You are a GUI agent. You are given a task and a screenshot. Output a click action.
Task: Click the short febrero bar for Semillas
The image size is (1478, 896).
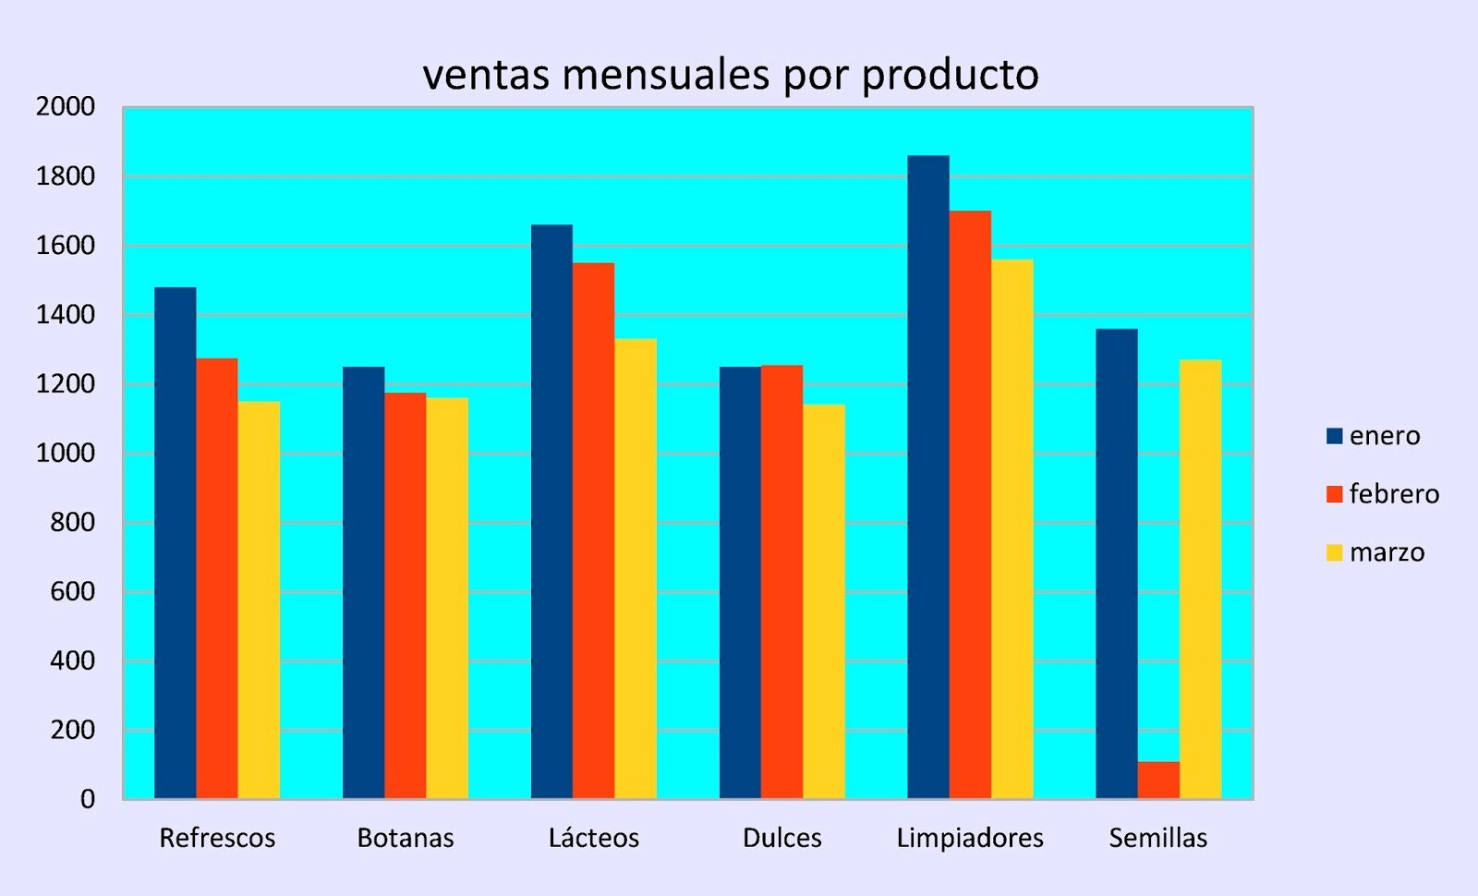pos(1158,781)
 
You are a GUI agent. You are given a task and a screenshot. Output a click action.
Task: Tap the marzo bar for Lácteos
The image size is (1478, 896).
pos(636,568)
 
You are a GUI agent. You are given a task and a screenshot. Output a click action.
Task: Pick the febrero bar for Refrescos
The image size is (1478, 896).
pos(217,578)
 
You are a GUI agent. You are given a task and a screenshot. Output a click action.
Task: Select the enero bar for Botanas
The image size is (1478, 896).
pos(363,582)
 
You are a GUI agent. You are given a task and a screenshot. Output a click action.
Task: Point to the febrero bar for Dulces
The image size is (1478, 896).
pos(781,582)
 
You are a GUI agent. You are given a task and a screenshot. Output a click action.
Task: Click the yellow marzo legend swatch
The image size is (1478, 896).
pos(1334,552)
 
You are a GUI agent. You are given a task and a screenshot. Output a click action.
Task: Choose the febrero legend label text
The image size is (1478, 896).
pos(1393,494)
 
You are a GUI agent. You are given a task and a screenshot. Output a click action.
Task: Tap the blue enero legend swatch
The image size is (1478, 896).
pos(1334,436)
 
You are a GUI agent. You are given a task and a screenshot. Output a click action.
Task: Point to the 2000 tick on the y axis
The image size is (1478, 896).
pos(65,107)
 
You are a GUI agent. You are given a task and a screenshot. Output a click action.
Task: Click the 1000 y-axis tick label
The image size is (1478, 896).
pos(65,453)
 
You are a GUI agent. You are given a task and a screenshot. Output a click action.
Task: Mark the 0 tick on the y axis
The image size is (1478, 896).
pos(87,799)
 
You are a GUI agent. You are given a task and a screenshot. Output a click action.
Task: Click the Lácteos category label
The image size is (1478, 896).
pos(593,838)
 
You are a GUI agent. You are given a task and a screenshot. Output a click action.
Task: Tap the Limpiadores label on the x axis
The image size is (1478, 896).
pos(969,838)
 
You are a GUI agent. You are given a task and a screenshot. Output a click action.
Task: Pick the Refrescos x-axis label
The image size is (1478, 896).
pos(217,838)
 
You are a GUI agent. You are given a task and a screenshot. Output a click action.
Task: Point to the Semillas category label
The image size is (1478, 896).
pos(1157,838)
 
